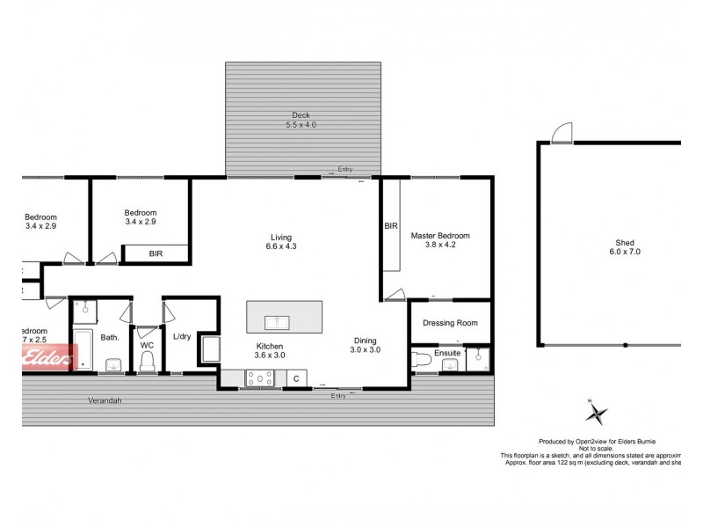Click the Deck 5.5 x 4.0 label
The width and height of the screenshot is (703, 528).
coord(301,121)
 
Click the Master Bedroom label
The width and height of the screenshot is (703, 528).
coord(440,240)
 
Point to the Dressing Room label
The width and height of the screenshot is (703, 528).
coord(450,323)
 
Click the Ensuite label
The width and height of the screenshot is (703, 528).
coord(446,352)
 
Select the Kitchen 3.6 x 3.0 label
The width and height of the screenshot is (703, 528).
coord(270,350)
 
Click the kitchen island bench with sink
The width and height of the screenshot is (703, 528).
coord(283,316)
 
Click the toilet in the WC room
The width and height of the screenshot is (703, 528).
coord(147,363)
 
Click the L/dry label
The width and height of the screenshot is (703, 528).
coord(182,337)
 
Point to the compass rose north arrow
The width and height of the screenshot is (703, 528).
coord(597,412)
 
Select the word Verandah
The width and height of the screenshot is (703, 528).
coord(104,400)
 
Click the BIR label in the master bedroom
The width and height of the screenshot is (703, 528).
coord(390,226)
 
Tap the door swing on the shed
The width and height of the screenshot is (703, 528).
coord(559,132)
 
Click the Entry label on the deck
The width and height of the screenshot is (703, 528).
coord(344,169)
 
